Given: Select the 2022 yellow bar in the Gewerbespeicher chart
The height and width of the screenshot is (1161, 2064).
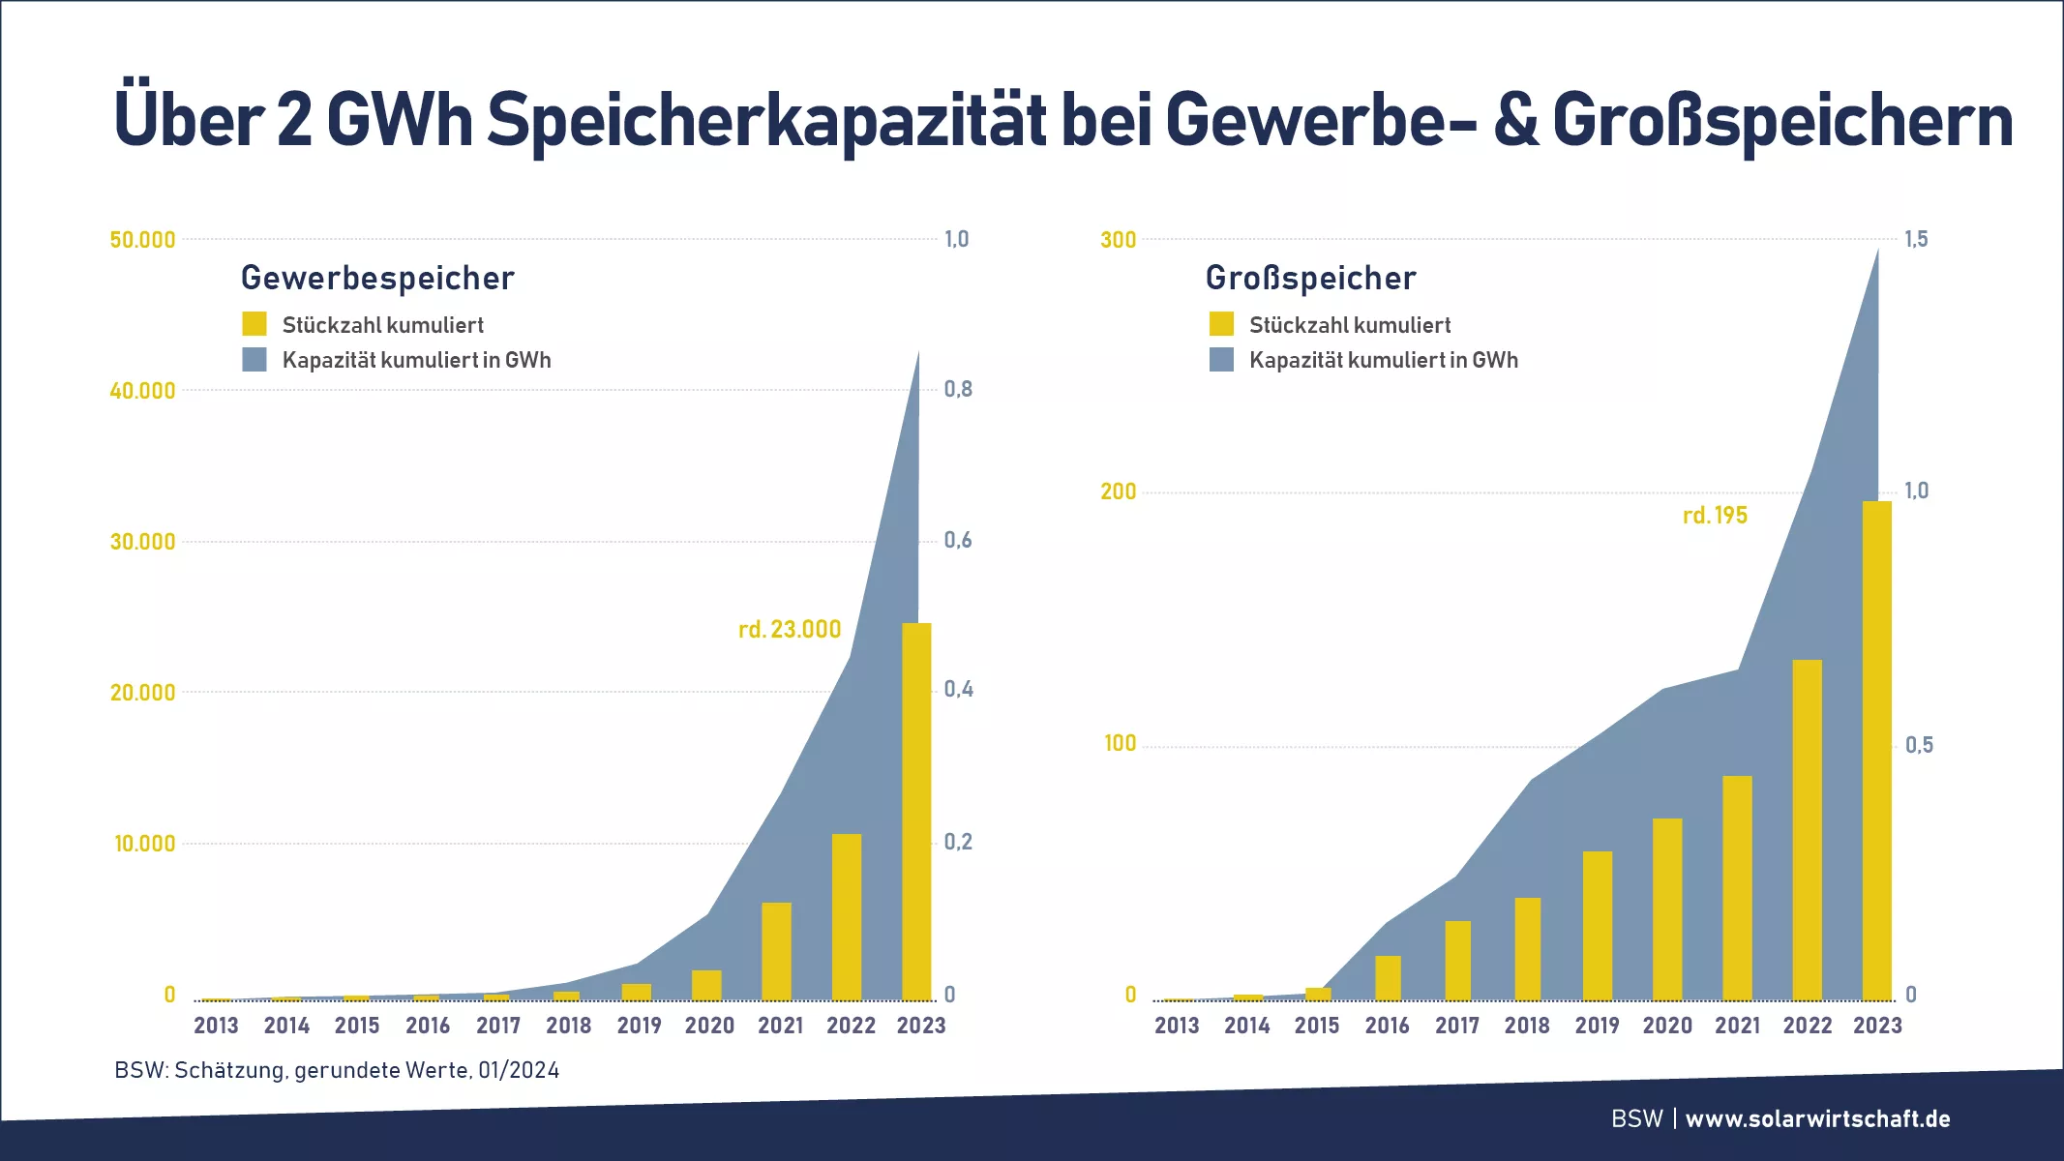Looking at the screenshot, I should click(x=847, y=916).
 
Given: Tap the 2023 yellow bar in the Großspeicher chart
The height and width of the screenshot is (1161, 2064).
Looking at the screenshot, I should click(x=1877, y=750).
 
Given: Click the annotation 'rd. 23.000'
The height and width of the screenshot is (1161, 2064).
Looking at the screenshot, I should click(x=790, y=630).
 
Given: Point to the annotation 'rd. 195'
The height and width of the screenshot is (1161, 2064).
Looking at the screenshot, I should click(x=1715, y=516).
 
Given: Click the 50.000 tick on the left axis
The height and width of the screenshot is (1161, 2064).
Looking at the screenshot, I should click(x=142, y=240).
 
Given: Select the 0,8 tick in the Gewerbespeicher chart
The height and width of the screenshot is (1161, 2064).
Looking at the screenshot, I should click(x=958, y=390).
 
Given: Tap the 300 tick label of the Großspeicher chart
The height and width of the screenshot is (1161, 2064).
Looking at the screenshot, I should click(x=1119, y=240).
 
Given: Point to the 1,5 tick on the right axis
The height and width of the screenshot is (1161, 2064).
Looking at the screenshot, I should click(x=1916, y=239).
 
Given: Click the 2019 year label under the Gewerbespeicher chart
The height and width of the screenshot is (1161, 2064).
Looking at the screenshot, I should click(x=639, y=1026).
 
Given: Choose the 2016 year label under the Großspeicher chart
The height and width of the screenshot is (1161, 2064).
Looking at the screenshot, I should click(x=1387, y=1026).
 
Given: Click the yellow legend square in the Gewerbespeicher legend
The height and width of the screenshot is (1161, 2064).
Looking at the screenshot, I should click(x=254, y=324).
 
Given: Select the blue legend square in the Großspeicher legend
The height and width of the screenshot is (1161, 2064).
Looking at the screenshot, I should click(x=1222, y=360).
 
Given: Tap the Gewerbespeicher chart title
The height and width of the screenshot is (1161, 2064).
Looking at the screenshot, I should click(x=377, y=279).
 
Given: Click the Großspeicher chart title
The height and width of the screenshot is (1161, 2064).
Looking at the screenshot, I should click(x=1311, y=279).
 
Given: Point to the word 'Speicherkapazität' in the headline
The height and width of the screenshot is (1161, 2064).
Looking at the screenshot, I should click(x=766, y=121).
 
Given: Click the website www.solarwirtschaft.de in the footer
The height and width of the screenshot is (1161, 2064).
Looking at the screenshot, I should click(x=1817, y=1119).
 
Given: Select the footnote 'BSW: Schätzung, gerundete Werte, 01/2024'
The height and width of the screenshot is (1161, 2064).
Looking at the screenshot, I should click(x=337, y=1070).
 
